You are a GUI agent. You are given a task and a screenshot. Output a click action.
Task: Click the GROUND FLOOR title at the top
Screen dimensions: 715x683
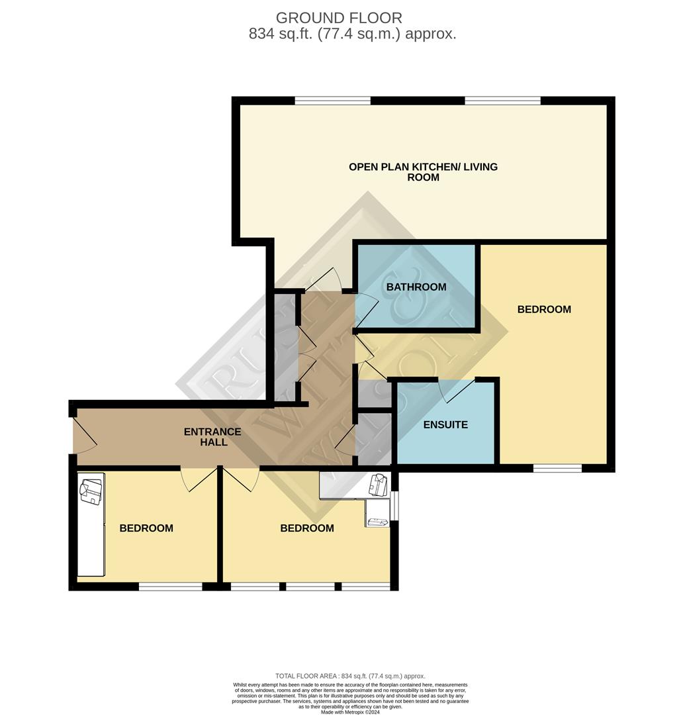click(339, 18)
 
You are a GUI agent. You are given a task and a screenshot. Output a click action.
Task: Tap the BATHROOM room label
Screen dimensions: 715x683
click(416, 287)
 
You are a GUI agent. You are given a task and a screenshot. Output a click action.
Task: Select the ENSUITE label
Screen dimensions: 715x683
click(445, 425)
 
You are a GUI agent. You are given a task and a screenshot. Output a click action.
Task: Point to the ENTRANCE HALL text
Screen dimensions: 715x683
click(212, 437)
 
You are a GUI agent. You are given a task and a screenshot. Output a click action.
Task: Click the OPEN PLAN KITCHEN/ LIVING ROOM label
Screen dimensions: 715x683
click(423, 172)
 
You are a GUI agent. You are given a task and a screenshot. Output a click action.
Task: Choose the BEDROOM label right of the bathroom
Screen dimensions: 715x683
click(544, 309)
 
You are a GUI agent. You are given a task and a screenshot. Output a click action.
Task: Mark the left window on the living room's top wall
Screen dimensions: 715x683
click(332, 101)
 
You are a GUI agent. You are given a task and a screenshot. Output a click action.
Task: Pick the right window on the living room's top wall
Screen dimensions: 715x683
click(503, 101)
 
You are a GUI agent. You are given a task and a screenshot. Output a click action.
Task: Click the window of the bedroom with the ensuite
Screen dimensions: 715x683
click(557, 468)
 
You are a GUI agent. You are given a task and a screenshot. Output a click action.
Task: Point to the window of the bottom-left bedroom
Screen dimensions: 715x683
click(170, 587)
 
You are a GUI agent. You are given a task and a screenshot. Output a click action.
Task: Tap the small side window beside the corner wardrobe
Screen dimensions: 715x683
click(394, 506)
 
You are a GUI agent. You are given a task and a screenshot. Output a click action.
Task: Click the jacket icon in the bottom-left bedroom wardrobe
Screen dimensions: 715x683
click(90, 491)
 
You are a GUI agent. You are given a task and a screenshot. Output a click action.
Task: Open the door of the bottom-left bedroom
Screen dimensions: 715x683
click(199, 479)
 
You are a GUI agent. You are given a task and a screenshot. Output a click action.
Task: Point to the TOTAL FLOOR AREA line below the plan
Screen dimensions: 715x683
click(350, 676)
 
